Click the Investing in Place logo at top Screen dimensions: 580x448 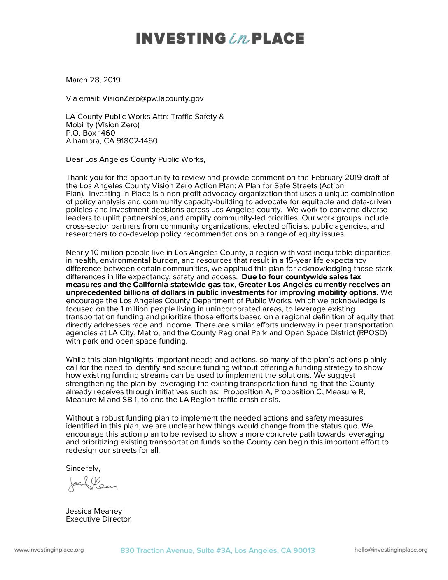[x=220, y=38]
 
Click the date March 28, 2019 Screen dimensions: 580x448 [x=93, y=80]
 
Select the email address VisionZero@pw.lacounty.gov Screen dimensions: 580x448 [x=153, y=98]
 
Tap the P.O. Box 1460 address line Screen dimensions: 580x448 [x=91, y=133]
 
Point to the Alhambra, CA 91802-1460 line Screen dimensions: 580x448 [x=112, y=141]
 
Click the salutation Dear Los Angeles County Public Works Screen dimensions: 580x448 [x=135, y=159]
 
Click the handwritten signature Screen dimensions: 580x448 [x=93, y=484]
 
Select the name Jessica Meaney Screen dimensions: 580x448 [x=94, y=511]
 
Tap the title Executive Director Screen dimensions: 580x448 [x=98, y=519]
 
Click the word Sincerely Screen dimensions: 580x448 [x=83, y=468]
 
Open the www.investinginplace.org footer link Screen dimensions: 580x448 [x=49, y=550]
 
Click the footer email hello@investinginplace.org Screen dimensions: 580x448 [x=391, y=550]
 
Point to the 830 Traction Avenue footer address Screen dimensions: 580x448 [x=217, y=550]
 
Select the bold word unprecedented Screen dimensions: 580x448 [x=91, y=292]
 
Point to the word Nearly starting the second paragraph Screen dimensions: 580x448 [x=77, y=253]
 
